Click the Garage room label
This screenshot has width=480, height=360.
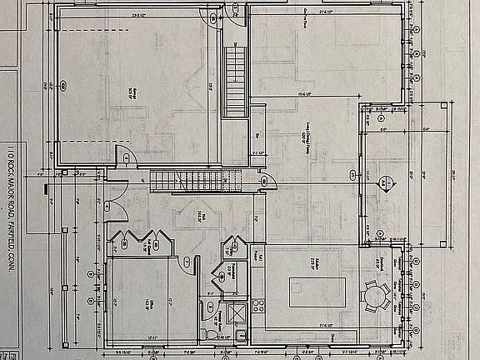point(131,92)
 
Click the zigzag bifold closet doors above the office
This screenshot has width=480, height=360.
point(143,237)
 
